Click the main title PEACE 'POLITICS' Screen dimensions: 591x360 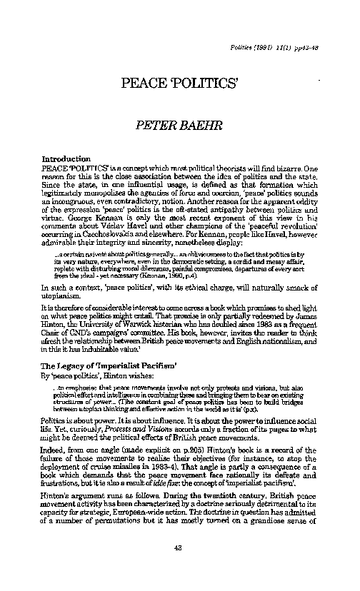[179, 80]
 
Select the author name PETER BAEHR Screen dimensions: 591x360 [179, 128]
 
